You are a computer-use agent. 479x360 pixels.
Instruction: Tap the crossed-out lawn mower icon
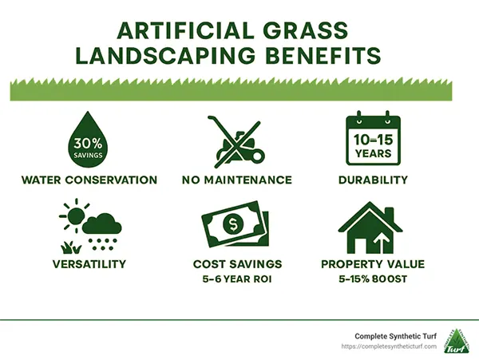(x=237, y=137)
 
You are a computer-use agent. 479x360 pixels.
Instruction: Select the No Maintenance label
(x=237, y=180)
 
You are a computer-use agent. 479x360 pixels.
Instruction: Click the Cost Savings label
(x=237, y=263)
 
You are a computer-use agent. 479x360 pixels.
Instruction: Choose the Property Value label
(x=371, y=263)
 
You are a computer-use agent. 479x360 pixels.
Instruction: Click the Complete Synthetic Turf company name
(x=387, y=337)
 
